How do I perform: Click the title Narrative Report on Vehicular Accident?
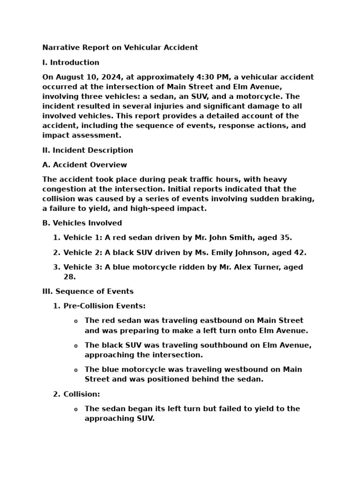(x=120, y=47)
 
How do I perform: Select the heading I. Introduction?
(x=71, y=62)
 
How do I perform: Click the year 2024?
(x=110, y=77)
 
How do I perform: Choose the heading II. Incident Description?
(x=88, y=150)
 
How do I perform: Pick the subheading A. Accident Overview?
(x=84, y=165)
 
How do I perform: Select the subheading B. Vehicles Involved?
(x=82, y=223)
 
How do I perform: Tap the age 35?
(x=286, y=238)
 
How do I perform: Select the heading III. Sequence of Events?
(x=88, y=292)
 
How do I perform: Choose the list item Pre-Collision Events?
(x=105, y=306)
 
